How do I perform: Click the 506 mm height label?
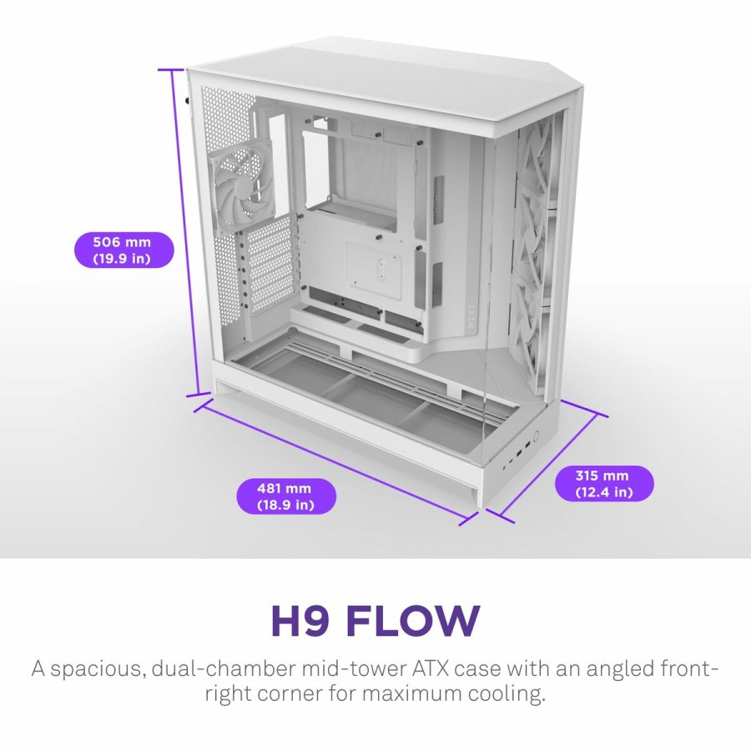[x=123, y=249]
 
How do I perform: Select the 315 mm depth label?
[x=604, y=483]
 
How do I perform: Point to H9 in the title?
[x=300, y=621]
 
